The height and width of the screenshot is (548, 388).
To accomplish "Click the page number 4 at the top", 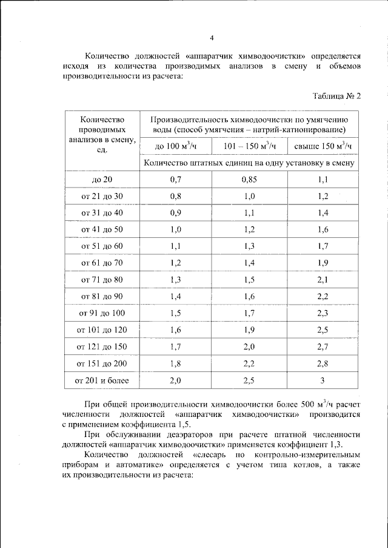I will tap(212, 38).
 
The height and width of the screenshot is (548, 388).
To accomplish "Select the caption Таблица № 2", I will tap(336, 96).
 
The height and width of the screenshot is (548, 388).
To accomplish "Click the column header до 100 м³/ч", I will tap(176, 147).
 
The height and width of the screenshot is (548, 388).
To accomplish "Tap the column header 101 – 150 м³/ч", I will tap(250, 147).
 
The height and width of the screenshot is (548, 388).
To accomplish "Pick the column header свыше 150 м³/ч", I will tap(323, 147).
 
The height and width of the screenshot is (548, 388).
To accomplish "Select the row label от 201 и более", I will tap(101, 381).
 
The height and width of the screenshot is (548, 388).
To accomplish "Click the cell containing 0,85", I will tap(250, 180).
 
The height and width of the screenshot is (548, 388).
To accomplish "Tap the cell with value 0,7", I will tap(176, 180).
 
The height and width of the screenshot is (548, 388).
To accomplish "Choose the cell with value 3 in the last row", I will tap(323, 381).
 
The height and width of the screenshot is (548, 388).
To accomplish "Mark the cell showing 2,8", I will tap(323, 364).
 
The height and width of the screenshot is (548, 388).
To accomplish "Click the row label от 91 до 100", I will tap(101, 313).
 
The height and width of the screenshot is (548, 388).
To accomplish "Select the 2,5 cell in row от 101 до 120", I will tap(323, 330).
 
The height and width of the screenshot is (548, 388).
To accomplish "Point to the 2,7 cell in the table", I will tap(323, 347).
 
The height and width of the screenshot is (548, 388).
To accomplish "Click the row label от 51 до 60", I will tap(101, 246).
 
